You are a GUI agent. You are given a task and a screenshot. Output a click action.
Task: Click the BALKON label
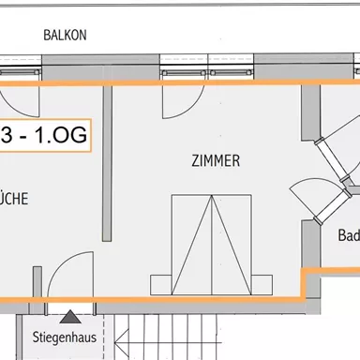pyautogui.click(x=65, y=36)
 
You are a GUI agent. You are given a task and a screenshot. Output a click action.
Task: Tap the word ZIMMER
pyautogui.click(x=214, y=161)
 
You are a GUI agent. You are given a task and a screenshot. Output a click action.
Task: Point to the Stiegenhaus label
pyautogui.click(x=64, y=333)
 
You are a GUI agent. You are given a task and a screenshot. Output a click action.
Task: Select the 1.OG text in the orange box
pyautogui.click(x=55, y=137)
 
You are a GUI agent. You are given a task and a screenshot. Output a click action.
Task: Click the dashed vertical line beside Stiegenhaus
pyautogui.click(x=113, y=337)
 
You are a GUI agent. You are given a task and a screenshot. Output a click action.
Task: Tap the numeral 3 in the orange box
pyautogui.click(x=7, y=137)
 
